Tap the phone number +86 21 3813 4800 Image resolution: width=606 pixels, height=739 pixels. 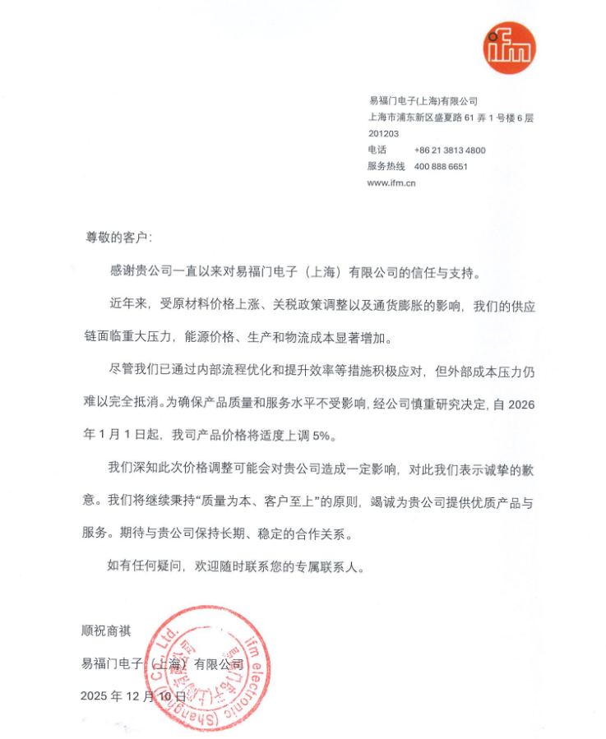[451, 150]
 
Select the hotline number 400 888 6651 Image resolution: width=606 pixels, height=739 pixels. [442, 167]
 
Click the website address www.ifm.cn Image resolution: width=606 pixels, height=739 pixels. [391, 183]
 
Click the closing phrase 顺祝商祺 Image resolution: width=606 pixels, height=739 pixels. [106, 630]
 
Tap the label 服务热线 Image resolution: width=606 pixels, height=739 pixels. [384, 167]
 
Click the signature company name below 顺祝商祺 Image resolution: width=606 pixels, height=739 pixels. [162, 663]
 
